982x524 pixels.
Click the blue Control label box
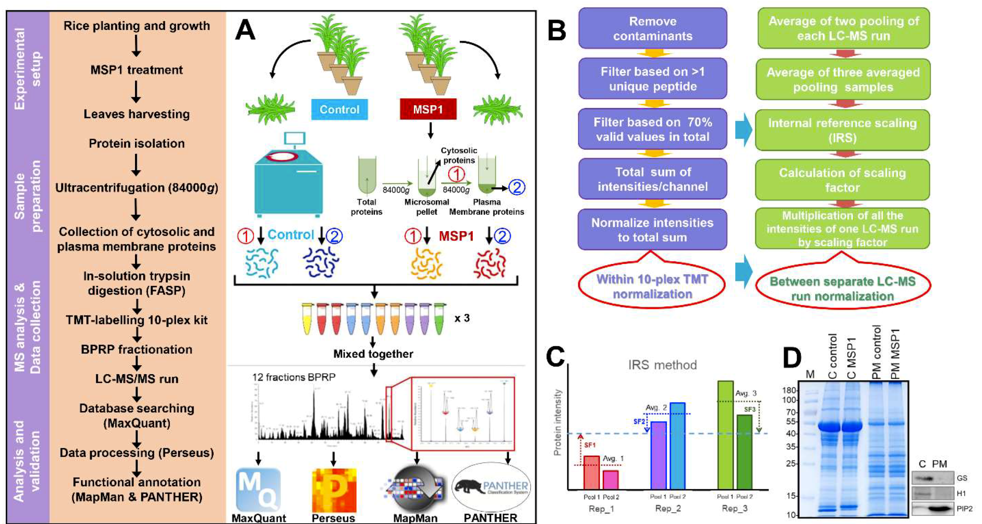coord(339,109)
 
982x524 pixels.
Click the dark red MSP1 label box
coord(428,109)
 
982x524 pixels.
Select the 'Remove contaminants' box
coord(652,29)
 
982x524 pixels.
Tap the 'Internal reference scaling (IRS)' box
coord(842,130)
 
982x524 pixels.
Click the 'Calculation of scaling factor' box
coord(842,180)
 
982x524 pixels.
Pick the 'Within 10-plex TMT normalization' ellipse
coord(652,286)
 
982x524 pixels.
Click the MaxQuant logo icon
coord(258,490)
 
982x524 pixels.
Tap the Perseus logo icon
coord(334,490)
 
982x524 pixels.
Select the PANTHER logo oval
coord(491,487)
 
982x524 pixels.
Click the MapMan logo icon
coord(416,488)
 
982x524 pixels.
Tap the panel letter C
coord(555,356)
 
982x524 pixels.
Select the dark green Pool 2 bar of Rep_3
coord(744,451)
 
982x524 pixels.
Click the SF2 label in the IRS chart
coord(639,421)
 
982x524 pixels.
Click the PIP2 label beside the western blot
coord(964,508)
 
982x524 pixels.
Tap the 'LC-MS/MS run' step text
coord(137,379)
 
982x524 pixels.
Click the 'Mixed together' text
coord(373,354)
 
